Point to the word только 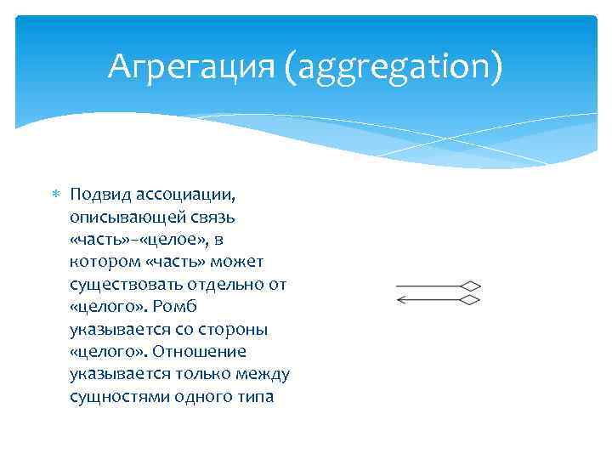(x=201, y=372)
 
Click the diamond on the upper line (x=471, y=286)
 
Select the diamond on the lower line (x=471, y=299)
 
